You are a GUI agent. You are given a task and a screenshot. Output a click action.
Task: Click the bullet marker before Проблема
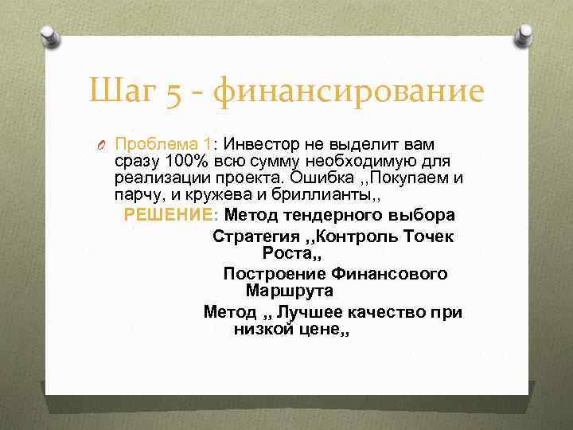tap(103, 145)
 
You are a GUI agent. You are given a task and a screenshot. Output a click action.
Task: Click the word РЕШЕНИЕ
tap(170, 214)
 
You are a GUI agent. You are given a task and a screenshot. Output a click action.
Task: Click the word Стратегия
tap(255, 236)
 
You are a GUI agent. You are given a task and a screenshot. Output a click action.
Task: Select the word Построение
tap(267, 273)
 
